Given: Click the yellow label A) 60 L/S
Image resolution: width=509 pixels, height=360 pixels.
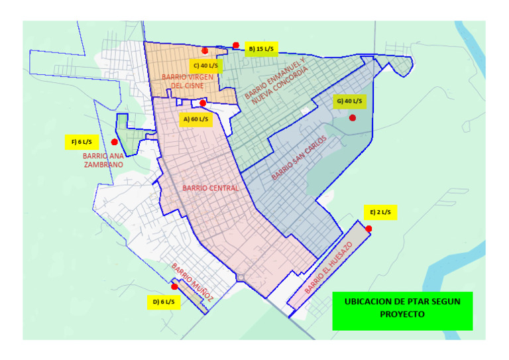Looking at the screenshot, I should [x=195, y=119].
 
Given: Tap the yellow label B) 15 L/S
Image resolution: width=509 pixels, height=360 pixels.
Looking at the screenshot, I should [x=260, y=48].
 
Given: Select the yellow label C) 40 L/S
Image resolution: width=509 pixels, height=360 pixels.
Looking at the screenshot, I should [x=205, y=66].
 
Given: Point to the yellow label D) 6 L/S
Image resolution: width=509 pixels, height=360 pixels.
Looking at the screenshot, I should [x=163, y=302].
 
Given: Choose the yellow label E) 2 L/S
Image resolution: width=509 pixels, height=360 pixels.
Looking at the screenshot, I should [x=380, y=212].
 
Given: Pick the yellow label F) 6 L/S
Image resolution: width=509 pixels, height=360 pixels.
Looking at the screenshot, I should [x=82, y=141].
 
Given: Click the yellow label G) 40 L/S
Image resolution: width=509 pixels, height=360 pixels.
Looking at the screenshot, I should [x=349, y=101].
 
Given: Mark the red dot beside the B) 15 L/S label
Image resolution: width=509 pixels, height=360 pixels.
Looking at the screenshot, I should [x=236, y=45].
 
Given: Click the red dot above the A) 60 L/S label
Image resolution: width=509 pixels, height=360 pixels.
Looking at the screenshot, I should [x=203, y=103].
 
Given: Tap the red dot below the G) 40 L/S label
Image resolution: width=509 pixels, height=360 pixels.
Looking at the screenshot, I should [x=353, y=118].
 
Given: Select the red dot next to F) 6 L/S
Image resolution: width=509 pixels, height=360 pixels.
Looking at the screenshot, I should [x=115, y=142].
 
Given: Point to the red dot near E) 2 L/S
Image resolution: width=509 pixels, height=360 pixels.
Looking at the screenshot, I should [x=368, y=229].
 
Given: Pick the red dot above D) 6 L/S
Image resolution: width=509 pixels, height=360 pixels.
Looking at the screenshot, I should [x=174, y=286].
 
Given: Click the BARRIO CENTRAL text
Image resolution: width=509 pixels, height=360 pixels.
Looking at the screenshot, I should [x=210, y=188].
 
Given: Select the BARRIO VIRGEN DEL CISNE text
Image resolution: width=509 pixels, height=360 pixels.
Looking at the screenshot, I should [x=188, y=81].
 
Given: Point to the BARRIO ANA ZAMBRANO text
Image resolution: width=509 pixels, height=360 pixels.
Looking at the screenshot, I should [x=103, y=160].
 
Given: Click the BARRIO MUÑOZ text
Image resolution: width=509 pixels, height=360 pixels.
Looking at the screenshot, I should [x=192, y=282].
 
